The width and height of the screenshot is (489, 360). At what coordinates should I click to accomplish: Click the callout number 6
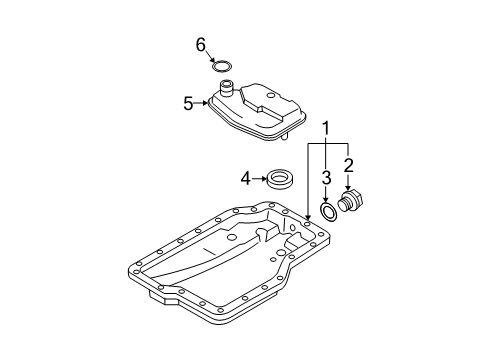(x=201, y=45)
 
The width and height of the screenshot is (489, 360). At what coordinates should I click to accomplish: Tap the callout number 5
(x=188, y=104)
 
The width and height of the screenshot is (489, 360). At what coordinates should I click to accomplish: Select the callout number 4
(x=245, y=179)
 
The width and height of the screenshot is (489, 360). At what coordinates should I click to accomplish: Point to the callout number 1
(x=325, y=128)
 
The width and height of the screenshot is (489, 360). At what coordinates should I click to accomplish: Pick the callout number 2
(x=348, y=165)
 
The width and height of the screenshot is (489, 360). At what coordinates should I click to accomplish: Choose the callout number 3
(x=326, y=178)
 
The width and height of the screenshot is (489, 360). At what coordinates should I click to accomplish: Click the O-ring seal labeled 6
(x=222, y=66)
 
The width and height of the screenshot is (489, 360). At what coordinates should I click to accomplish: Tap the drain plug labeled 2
(x=351, y=200)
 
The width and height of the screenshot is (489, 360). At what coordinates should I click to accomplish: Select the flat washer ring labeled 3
(x=329, y=211)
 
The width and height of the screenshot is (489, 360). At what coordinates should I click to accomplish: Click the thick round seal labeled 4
(x=281, y=180)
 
